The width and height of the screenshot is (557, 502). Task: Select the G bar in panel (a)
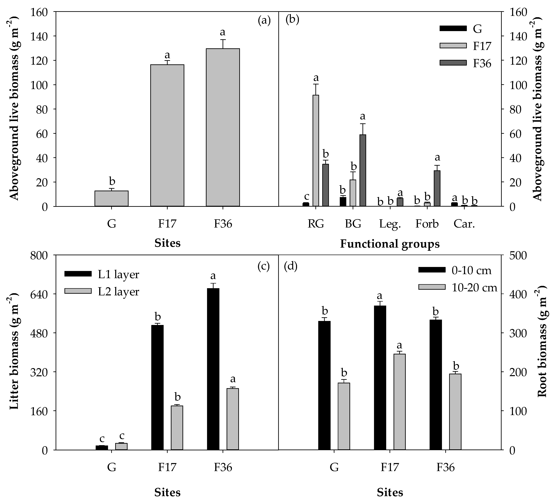point(112,198)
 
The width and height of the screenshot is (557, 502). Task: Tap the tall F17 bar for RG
point(316,150)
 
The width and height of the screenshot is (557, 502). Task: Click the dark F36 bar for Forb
point(437,188)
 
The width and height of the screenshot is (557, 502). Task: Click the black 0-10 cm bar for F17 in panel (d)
point(380,378)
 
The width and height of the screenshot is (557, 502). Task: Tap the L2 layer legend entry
point(118,292)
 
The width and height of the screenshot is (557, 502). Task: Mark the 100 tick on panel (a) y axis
point(41,85)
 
